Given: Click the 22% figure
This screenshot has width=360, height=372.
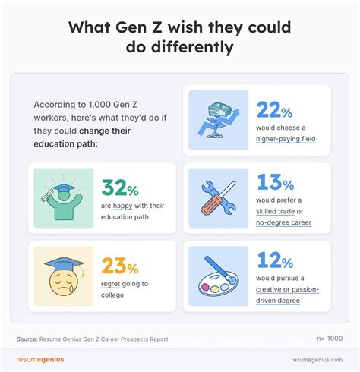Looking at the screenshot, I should pos(274,111).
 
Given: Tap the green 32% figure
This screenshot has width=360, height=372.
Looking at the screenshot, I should pos(119,188).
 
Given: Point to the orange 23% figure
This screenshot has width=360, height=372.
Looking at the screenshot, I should pos(119,266).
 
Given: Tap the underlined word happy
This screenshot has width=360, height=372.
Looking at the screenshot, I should pos(118,206).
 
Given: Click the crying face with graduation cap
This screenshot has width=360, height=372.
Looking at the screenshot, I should pos(64,272).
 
